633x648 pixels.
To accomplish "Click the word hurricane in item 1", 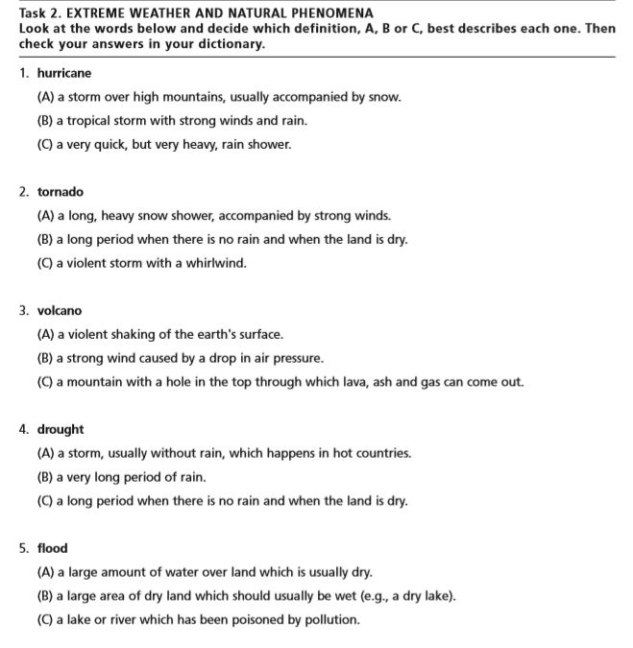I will [x=64, y=73].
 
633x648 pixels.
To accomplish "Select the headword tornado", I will [x=61, y=192].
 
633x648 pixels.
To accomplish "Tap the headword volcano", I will [x=60, y=311].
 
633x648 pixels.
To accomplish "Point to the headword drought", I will [x=61, y=429].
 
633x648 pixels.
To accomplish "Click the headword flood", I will [x=53, y=548].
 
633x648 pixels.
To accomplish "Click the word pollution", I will [x=332, y=619].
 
